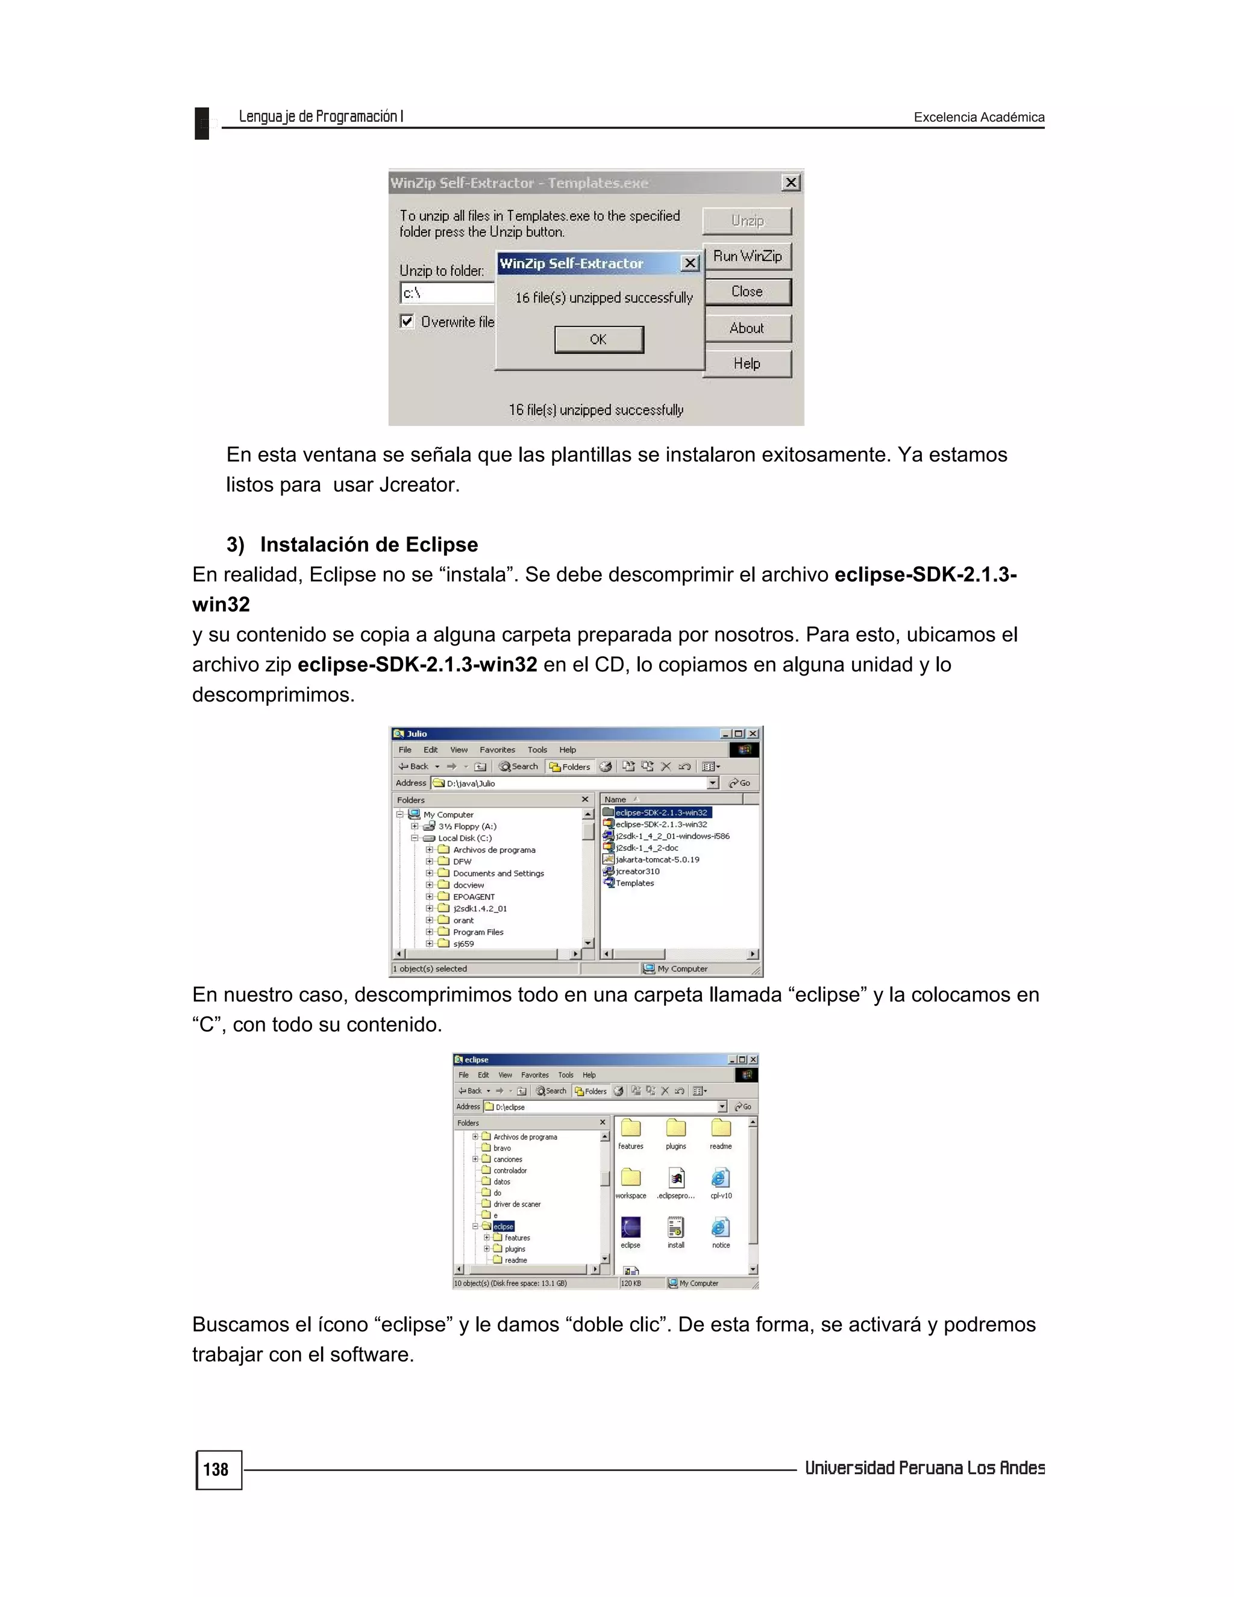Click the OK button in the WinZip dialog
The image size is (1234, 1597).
pos(599,339)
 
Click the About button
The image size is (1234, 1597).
pos(747,328)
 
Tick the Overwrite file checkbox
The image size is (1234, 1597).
pos(407,321)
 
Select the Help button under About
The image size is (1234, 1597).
pos(747,363)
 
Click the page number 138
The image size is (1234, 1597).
pos(216,1470)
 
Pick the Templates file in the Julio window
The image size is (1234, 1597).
pos(634,883)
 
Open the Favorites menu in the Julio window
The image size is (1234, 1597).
pos(497,750)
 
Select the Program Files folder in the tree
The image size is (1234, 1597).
pos(477,932)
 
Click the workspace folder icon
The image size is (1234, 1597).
pos(630,1178)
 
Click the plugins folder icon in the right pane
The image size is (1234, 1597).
pos(675,1129)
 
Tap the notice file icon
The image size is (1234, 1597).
pos(720,1228)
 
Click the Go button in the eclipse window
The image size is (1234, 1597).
pos(744,1106)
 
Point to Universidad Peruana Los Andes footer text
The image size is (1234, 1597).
pos(924,1468)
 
